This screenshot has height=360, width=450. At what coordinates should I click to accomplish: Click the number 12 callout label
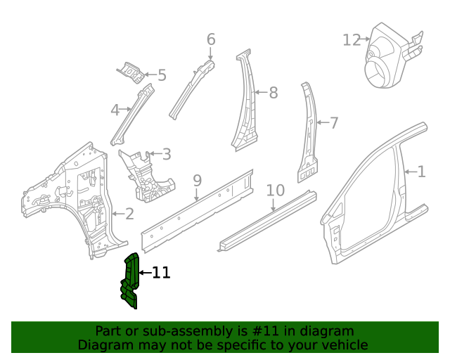352,40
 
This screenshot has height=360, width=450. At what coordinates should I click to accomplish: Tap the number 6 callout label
211,39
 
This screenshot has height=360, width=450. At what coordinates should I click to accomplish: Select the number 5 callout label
162,75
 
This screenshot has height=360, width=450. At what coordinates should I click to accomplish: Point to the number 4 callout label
115,110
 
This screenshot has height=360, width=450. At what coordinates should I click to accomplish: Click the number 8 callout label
273,92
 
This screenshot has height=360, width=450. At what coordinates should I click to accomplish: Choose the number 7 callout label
334,123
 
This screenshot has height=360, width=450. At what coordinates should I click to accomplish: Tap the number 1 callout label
421,171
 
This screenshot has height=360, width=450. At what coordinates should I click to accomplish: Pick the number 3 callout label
166,153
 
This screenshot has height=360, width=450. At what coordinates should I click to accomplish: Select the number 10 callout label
276,191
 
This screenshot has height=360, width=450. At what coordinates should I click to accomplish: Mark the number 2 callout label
129,213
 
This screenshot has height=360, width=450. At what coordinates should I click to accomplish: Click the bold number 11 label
161,273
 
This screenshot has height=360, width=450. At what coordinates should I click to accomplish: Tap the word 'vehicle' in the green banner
343,345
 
